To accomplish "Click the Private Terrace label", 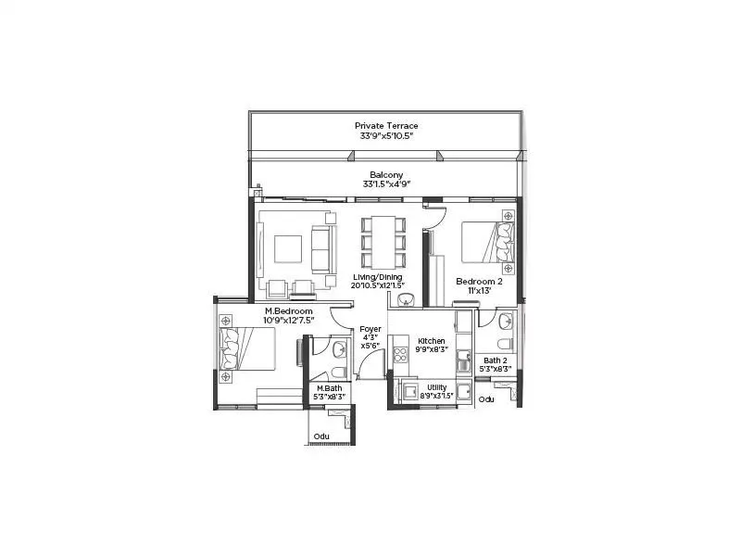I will (386, 125).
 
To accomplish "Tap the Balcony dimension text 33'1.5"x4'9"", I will (386, 184).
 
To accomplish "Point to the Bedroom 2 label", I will (479, 280).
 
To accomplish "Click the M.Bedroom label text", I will (289, 310).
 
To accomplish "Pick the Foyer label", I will (370, 328).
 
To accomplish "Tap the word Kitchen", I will (432, 340).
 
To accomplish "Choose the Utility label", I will (437, 386).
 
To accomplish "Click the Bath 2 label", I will (496, 360).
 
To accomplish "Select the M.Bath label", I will (331, 388).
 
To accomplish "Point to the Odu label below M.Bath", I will (321, 436).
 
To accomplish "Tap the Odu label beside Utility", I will (486, 399).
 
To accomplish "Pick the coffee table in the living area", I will (288, 248).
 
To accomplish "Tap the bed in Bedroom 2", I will (487, 244).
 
